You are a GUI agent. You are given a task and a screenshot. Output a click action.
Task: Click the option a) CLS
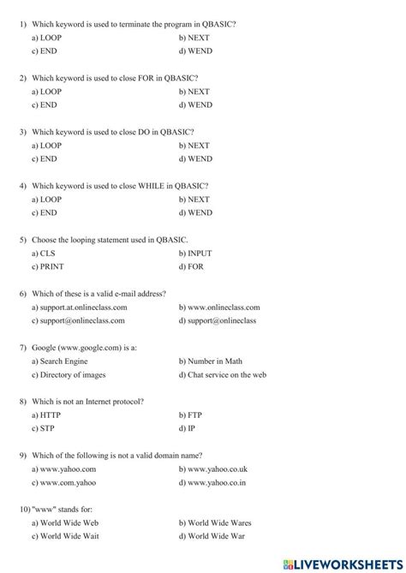coord(43,254)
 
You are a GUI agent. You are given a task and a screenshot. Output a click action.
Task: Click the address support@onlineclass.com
coord(78,320)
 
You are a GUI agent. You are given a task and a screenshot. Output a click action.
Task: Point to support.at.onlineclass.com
coord(79,307)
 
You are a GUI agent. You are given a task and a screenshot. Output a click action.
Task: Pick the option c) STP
coord(43,428)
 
